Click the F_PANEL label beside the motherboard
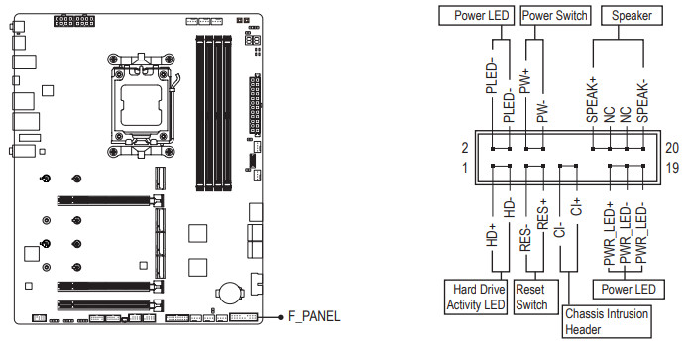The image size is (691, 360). click(314, 316)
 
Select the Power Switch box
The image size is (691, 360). click(555, 16)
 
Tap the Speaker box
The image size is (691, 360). click(632, 16)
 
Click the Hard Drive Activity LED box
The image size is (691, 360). click(476, 297)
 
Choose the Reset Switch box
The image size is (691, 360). click(536, 297)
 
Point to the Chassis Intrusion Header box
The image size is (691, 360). click(607, 322)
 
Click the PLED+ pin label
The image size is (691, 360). click(492, 75)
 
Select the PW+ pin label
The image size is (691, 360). click(525, 81)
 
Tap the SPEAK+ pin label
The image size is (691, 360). click(592, 100)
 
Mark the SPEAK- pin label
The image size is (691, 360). click(643, 102)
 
